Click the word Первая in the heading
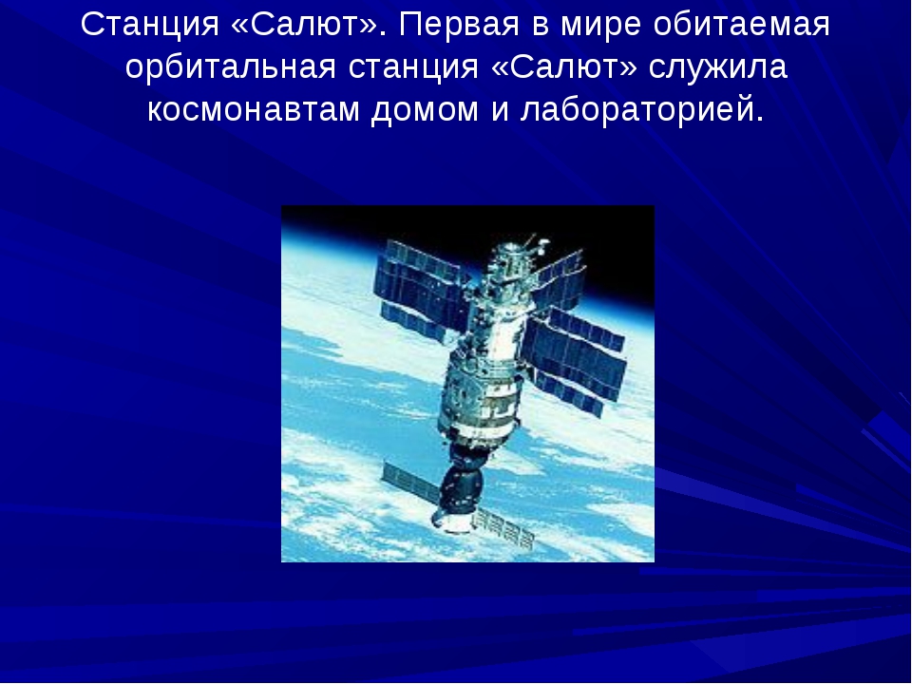click(x=459, y=25)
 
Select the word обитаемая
click(x=742, y=25)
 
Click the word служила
click(x=718, y=66)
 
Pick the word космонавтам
click(x=254, y=110)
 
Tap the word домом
click(x=425, y=109)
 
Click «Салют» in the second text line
click(x=564, y=66)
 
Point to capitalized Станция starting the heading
click(x=150, y=26)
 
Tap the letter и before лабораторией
click(x=500, y=110)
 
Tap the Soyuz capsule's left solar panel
click(x=410, y=481)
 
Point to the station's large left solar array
click(x=423, y=290)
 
